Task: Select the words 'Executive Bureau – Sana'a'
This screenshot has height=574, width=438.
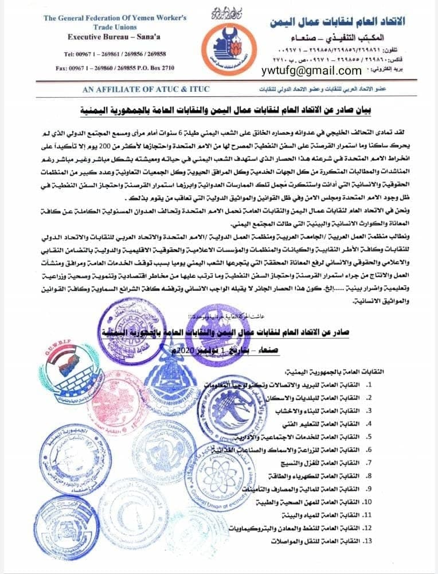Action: tap(116, 36)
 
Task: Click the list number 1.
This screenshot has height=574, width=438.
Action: tap(371, 384)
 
